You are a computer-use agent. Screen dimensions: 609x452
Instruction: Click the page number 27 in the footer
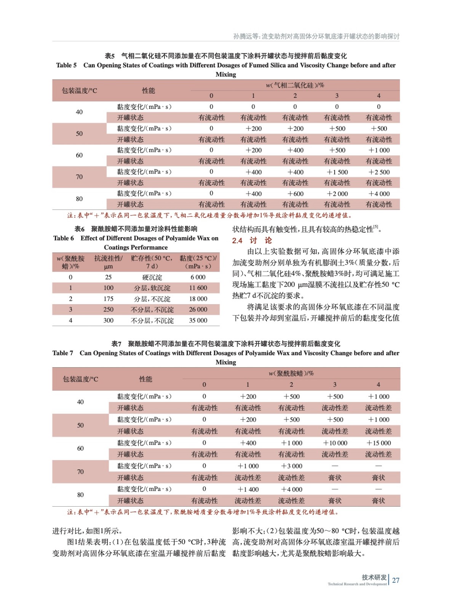tap(396, 580)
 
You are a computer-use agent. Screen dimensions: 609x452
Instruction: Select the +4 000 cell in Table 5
tap(379, 194)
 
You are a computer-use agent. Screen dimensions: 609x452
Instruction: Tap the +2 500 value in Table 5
tap(379, 172)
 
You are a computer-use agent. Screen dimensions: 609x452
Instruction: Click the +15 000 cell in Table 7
tap(379, 443)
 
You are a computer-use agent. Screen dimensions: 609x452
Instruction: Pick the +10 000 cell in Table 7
tap(335, 443)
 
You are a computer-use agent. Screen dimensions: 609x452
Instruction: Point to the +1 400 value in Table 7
tap(248, 489)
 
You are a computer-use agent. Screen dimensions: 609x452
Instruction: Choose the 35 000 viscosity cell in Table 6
tap(198, 320)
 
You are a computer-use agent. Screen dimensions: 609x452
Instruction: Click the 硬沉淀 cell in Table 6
tap(152, 277)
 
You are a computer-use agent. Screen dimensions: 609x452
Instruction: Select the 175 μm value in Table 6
tap(109, 299)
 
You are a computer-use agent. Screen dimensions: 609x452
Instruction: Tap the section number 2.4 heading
tap(237, 241)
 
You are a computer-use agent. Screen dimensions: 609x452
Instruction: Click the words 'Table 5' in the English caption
tap(66, 65)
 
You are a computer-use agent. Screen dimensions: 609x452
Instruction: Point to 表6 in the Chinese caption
tap(80, 229)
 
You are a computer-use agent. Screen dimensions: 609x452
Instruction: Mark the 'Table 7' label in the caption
tap(63, 353)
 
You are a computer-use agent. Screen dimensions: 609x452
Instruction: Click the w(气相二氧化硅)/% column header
tap(295, 85)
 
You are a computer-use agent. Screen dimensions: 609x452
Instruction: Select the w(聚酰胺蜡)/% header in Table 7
tap(291, 373)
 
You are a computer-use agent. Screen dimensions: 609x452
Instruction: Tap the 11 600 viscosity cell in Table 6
tap(198, 288)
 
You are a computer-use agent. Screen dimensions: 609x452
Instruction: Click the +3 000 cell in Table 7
tap(292, 466)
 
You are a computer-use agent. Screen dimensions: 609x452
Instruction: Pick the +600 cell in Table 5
tap(295, 194)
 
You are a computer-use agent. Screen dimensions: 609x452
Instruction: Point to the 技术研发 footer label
tap(374, 577)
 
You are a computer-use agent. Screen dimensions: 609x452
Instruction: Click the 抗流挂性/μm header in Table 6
tap(109, 262)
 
